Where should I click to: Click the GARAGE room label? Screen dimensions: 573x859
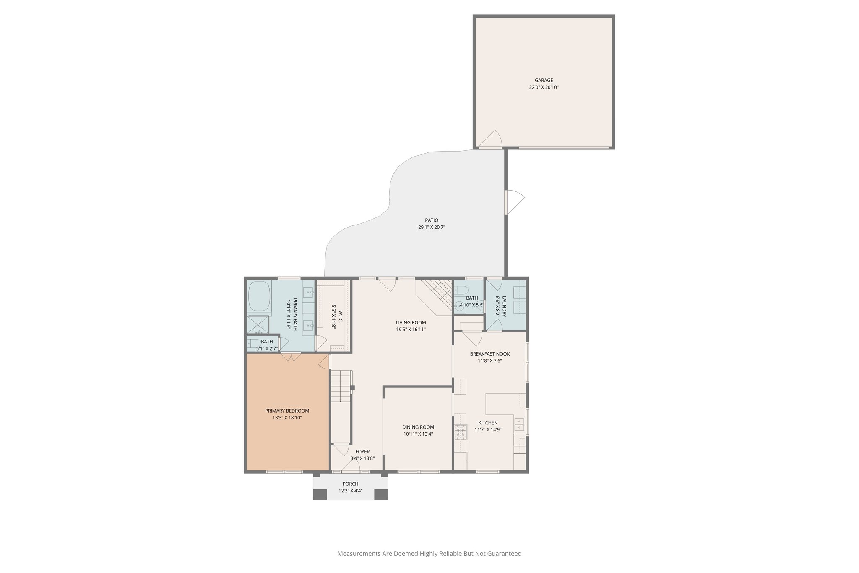click(544, 80)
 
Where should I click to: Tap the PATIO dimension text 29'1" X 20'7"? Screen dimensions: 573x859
click(431, 227)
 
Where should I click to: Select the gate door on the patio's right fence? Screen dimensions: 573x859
click(514, 202)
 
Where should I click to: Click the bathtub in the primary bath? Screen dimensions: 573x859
click(259, 296)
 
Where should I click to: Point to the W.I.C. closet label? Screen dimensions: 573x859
click(340, 317)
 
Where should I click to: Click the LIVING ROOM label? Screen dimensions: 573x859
click(411, 322)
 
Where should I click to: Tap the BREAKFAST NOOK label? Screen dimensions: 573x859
click(489, 354)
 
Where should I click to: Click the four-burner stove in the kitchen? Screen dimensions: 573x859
click(460, 432)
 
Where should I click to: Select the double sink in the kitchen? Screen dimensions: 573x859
click(519, 424)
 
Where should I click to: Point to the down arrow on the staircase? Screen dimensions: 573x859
click(340, 399)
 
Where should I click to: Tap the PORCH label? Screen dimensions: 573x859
click(350, 484)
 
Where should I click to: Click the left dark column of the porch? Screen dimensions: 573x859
click(320, 495)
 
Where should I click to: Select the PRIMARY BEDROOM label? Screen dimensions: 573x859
click(287, 411)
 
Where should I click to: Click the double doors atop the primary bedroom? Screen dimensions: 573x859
click(290, 357)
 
